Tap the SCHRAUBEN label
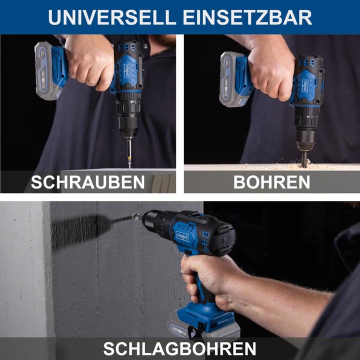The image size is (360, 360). pyautogui.click(x=88, y=182)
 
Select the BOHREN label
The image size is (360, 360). pyautogui.click(x=271, y=182)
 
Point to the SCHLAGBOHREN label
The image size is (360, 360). pyautogui.click(x=179, y=348)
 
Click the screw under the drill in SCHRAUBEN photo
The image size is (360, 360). pyautogui.click(x=129, y=153)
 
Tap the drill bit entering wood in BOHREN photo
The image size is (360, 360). pyautogui.click(x=303, y=159)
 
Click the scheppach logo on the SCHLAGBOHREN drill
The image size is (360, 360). pyautogui.click(x=182, y=235)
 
